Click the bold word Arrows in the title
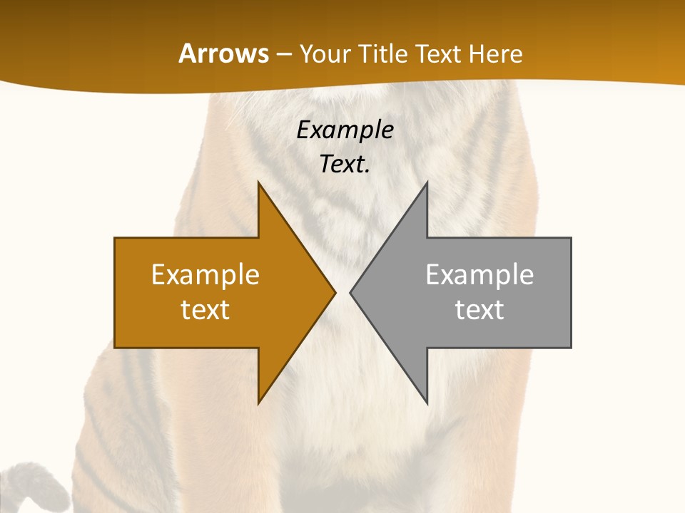(223, 53)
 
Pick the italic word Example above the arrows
(345, 130)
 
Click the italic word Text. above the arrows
(342, 164)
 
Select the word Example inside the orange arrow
(205, 274)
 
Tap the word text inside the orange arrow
(205, 309)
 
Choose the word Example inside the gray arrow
(479, 274)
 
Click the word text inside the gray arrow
(479, 309)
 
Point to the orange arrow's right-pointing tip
(333, 292)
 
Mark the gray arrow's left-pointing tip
(352, 292)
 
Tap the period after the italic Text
(367, 171)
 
